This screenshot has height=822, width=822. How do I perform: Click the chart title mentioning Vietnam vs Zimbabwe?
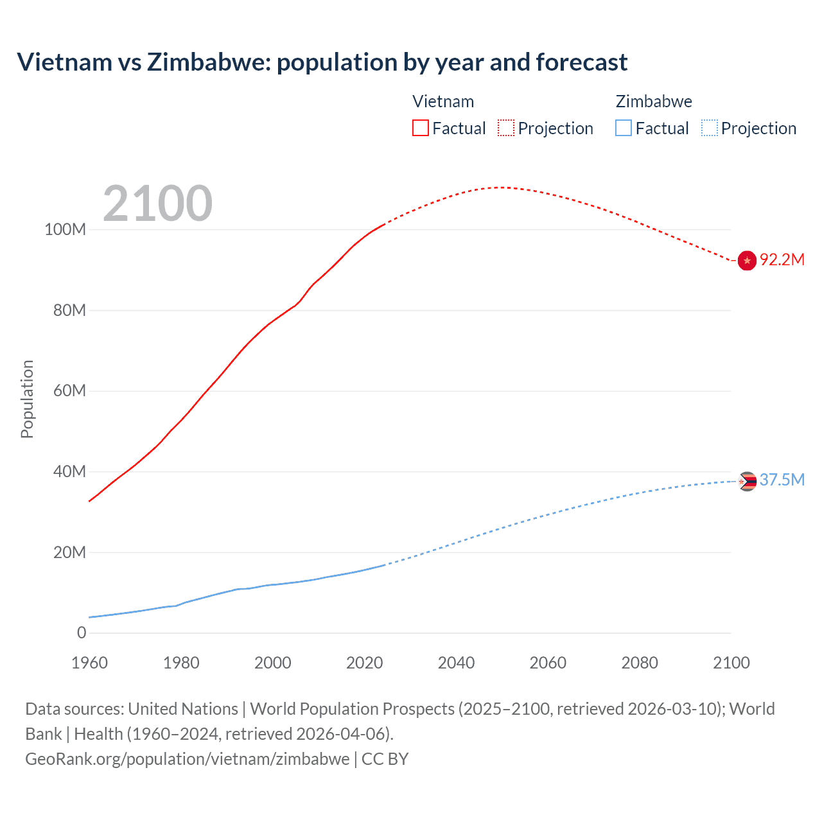322,62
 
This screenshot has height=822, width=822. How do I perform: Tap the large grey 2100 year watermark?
157,204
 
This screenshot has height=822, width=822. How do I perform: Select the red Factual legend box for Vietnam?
421,128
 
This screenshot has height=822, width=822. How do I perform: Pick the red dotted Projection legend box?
506,128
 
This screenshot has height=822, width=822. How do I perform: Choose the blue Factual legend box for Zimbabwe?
624,128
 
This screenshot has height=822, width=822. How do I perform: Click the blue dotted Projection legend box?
710,128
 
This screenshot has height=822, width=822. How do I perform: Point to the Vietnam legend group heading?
443,101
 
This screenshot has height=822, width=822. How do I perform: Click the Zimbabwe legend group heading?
654,101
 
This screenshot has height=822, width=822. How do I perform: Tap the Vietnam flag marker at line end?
747,260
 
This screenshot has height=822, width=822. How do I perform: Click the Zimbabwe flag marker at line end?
747,481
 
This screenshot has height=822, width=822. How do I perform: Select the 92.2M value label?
782,259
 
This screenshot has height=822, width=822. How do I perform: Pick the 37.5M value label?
782,480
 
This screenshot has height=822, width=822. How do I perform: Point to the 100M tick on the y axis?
65,230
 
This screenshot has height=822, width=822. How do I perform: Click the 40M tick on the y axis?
69,471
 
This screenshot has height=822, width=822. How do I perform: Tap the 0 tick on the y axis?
82,633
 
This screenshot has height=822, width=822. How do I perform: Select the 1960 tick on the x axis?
89,663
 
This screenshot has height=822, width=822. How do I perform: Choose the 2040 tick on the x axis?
456,663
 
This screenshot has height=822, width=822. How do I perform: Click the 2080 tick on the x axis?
640,663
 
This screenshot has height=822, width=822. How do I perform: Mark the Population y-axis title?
27,399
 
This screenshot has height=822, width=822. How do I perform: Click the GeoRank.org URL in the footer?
188,759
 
